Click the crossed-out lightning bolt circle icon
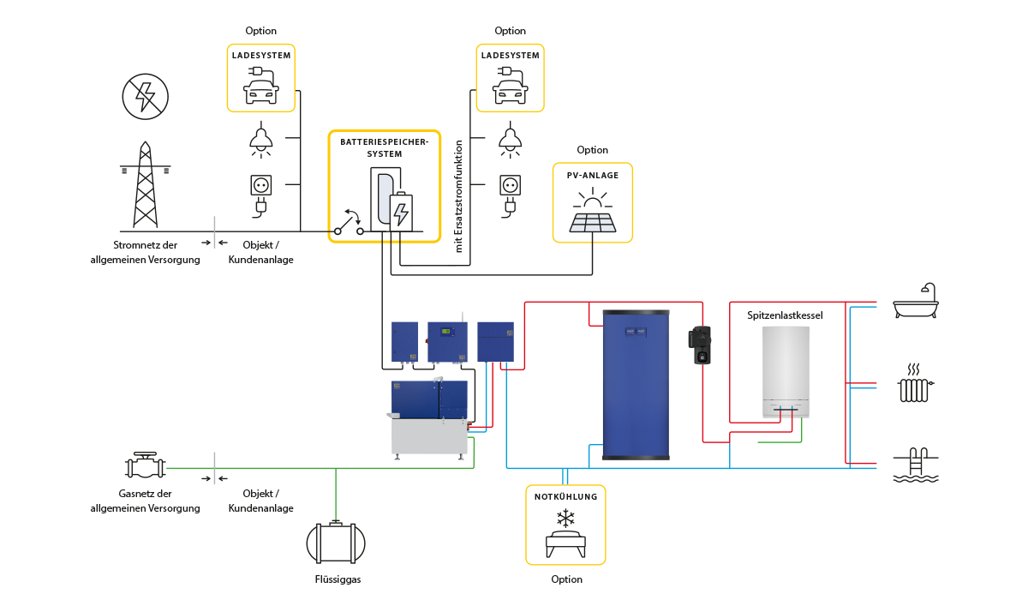pyautogui.click(x=146, y=95)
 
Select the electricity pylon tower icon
pyautogui.click(x=146, y=186)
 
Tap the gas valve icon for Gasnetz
pyautogui.click(x=145, y=467)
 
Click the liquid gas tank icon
pyautogui.click(x=336, y=542)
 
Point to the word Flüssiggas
pyautogui.click(x=338, y=579)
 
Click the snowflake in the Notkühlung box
pyautogui.click(x=565, y=518)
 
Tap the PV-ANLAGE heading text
pyautogui.click(x=593, y=175)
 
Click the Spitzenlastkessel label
pyautogui.click(x=785, y=315)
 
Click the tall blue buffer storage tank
pyautogui.click(x=636, y=384)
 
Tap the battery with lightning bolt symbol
pyautogui.click(x=400, y=210)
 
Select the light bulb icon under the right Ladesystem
pyautogui.click(x=511, y=140)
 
